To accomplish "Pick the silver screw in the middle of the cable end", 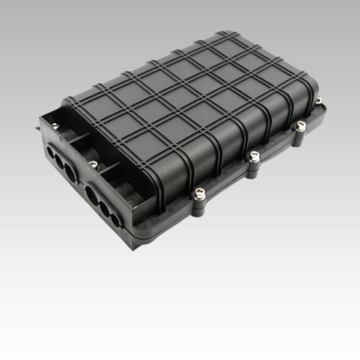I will pos(94,164).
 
